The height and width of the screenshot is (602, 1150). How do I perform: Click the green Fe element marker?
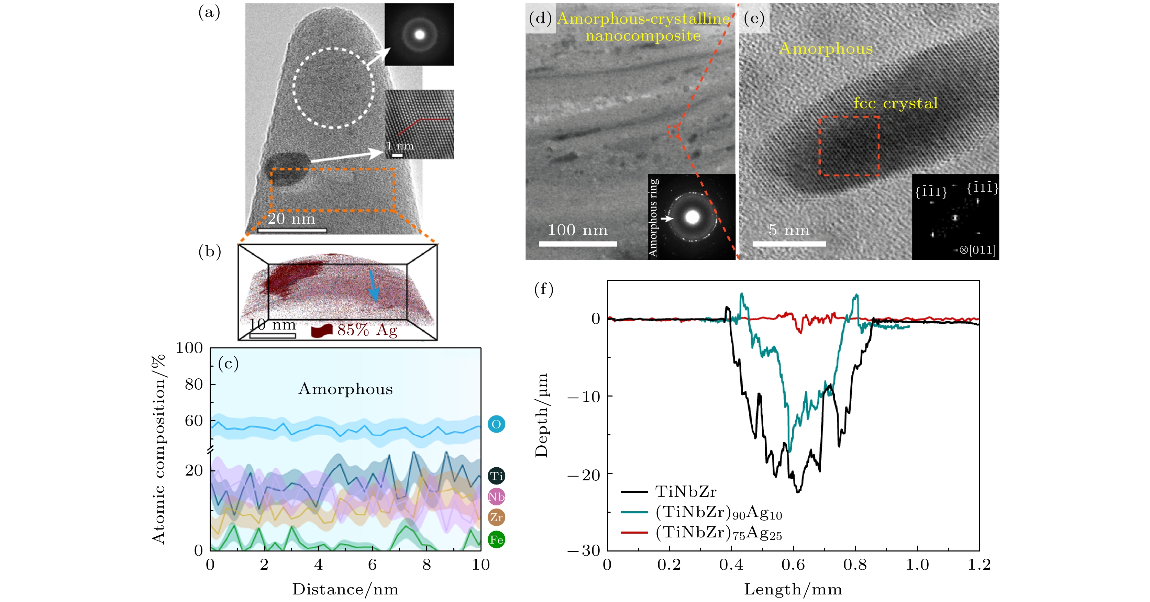(x=496, y=539)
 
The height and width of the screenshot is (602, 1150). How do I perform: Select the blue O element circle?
(x=496, y=424)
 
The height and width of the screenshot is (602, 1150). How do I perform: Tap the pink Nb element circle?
(x=496, y=496)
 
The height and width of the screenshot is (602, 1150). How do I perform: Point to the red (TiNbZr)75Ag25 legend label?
(x=718, y=533)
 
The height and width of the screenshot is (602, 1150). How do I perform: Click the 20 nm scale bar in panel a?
(x=292, y=230)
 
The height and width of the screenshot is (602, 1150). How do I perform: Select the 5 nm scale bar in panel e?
(x=788, y=244)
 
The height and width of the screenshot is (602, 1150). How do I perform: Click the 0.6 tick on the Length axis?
(x=793, y=565)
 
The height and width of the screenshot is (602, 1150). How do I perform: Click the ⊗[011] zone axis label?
(x=977, y=249)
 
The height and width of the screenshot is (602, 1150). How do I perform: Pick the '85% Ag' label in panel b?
(x=367, y=330)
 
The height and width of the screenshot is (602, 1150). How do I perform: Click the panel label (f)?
(x=543, y=289)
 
